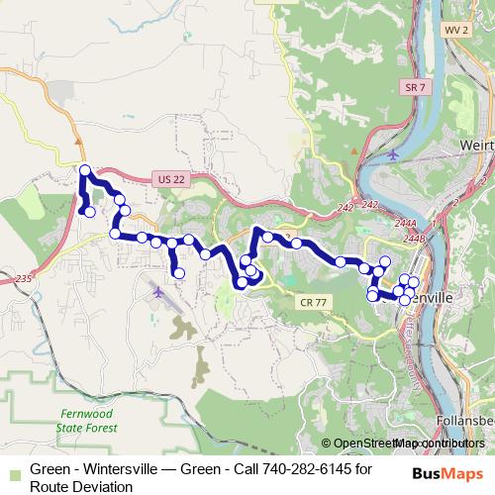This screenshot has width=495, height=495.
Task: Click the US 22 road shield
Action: pos(170,178)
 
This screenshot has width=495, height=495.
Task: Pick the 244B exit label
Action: pos(413,238)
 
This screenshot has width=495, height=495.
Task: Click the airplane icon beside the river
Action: pos(395,154)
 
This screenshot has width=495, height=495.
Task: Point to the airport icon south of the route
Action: pos(159,292)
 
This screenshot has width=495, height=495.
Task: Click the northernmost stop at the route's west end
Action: pos(85,170)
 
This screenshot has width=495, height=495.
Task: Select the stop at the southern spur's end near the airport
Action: pos(178,273)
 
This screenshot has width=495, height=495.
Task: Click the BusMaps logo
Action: pos(450,473)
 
